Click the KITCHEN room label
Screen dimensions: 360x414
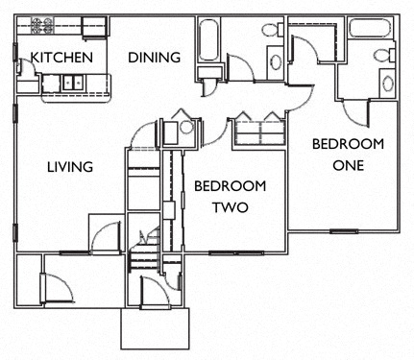click(x=61, y=58)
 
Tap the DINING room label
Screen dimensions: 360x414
click(x=155, y=58)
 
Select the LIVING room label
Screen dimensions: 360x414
click(x=70, y=167)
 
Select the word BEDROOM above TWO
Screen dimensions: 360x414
click(x=230, y=185)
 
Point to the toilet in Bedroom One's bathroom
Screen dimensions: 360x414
click(x=384, y=58)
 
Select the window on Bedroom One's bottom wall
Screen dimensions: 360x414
click(x=342, y=231)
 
